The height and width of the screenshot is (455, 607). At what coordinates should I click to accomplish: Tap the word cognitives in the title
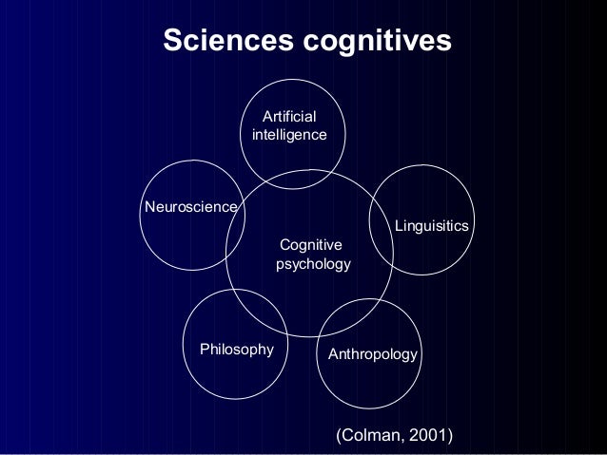375,43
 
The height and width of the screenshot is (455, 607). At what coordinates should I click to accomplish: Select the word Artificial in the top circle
289,117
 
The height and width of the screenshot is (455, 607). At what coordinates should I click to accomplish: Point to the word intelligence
289,136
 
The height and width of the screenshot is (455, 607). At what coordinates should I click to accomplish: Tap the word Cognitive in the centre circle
311,245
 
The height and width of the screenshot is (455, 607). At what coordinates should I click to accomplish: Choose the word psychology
313,263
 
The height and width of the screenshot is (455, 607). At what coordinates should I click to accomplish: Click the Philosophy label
236,350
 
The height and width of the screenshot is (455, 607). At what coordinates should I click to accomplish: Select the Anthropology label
372,354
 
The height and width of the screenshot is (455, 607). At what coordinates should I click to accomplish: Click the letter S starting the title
171,42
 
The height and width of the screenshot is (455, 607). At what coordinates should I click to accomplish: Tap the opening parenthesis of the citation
332,435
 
